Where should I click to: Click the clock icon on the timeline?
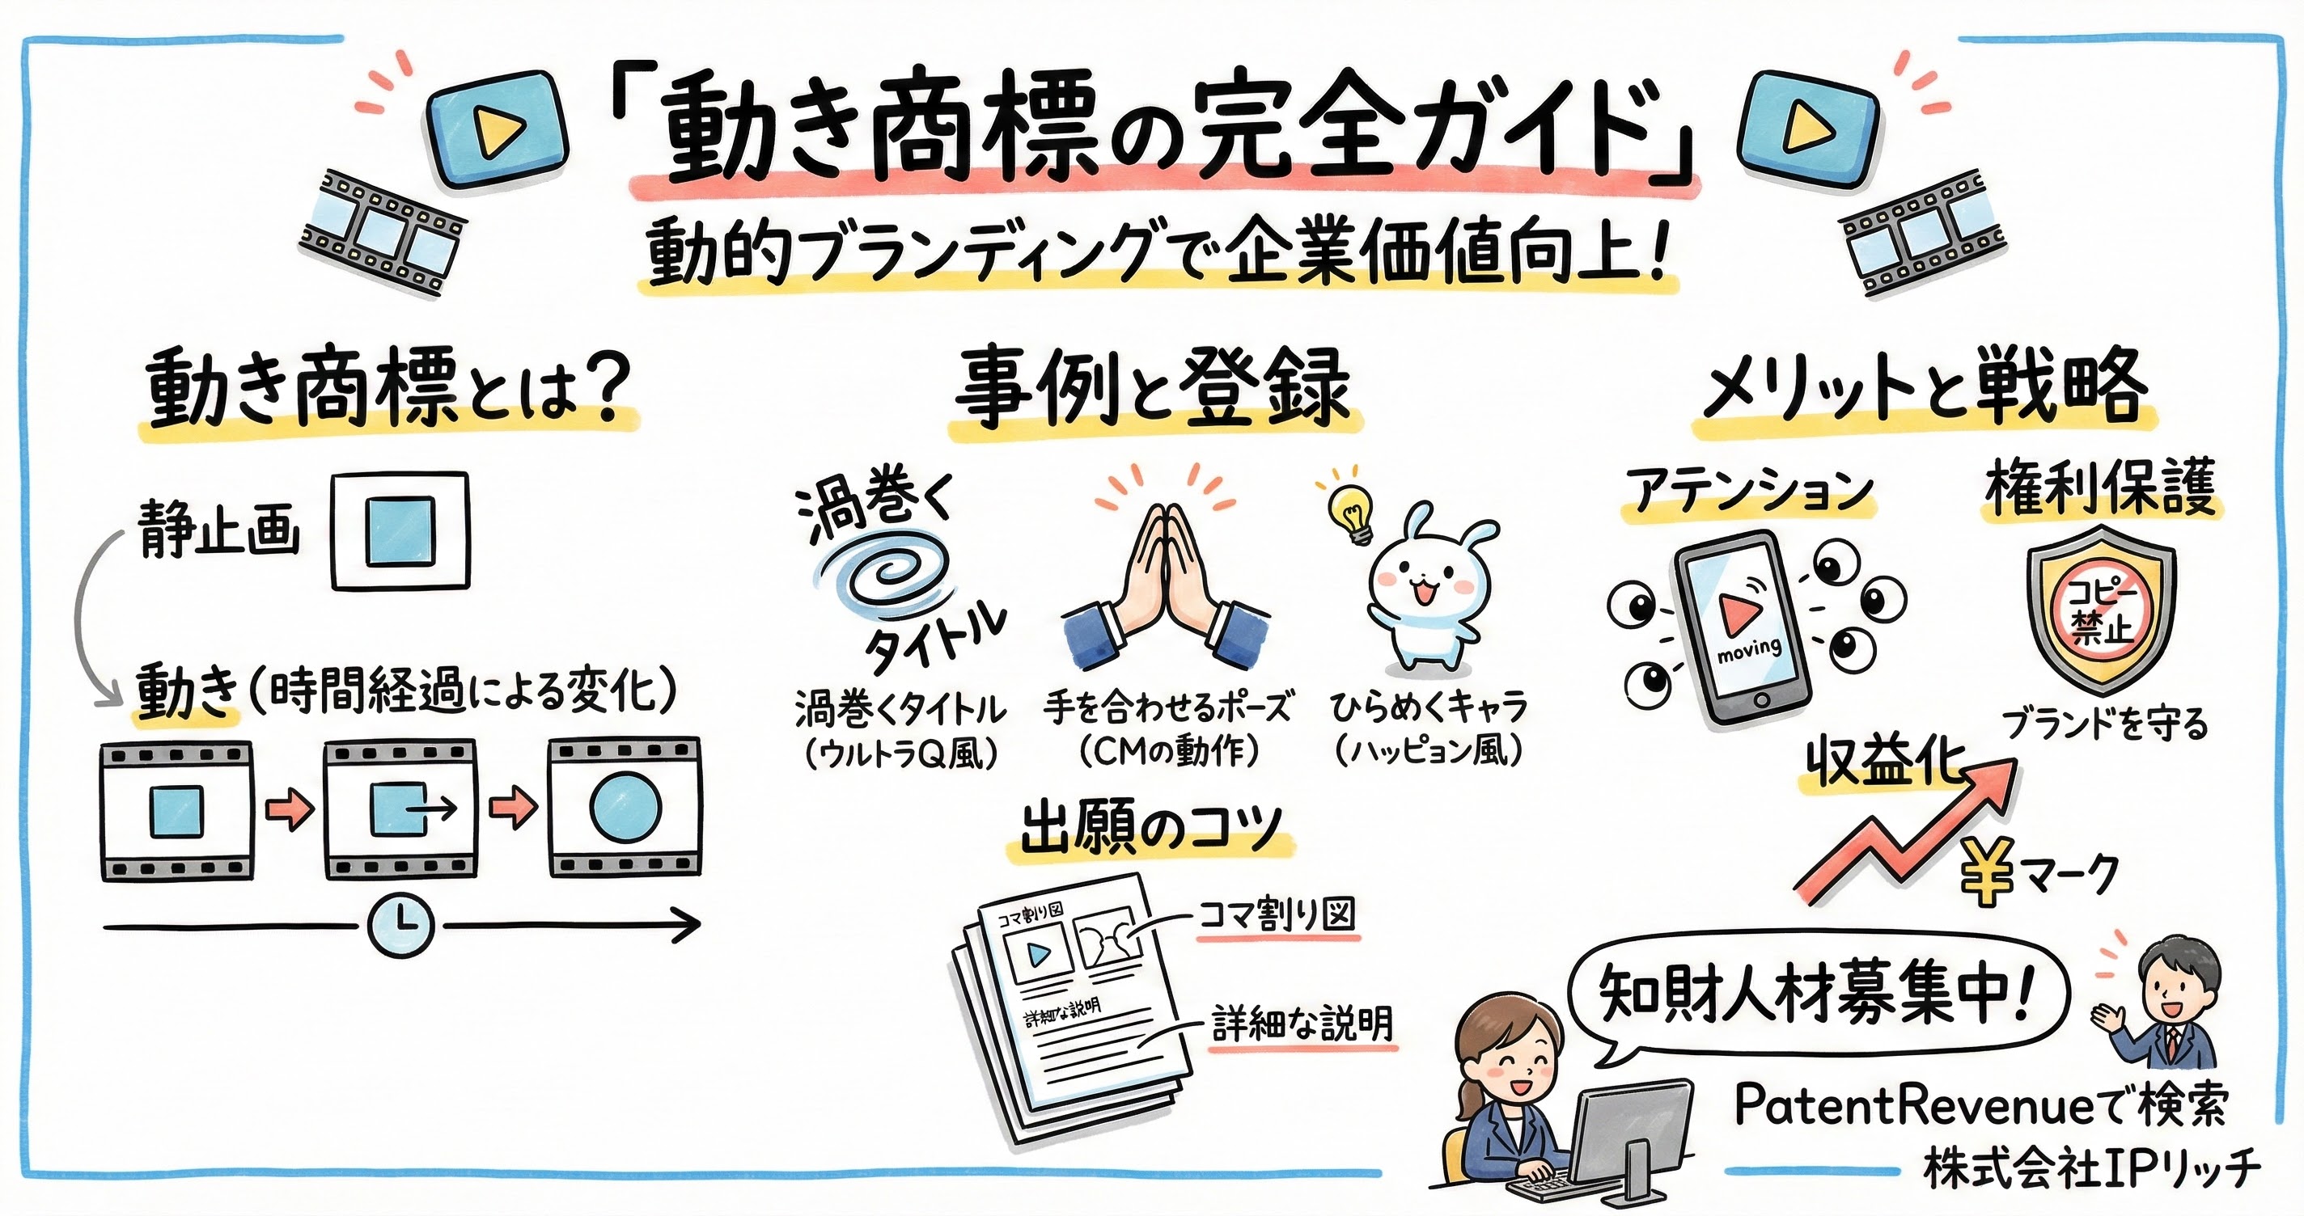click(400, 927)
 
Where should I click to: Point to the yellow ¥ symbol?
click(1987, 871)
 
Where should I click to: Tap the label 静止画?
click(219, 530)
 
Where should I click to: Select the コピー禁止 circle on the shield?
click(2102, 614)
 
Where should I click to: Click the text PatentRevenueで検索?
click(1980, 1106)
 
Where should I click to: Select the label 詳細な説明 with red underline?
click(1302, 1024)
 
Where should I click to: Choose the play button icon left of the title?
click(497, 130)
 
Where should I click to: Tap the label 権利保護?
click(2100, 488)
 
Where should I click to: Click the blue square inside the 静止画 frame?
click(400, 531)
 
